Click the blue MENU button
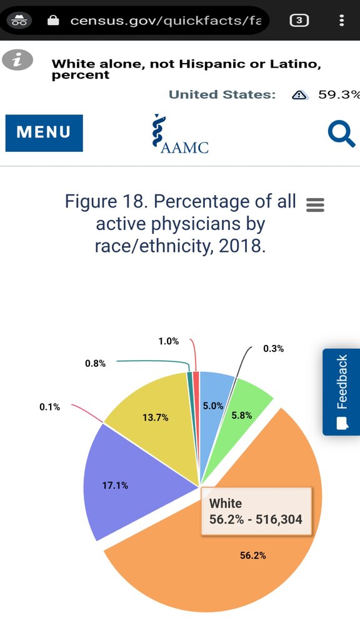(44, 133)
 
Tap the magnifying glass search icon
(341, 135)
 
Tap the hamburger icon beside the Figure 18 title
(315, 205)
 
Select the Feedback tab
(341, 392)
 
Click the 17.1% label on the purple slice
(115, 486)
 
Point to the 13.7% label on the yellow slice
(155, 417)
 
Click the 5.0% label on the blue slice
(213, 406)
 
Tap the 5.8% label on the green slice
(242, 416)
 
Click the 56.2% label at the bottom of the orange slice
(253, 556)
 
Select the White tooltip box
(256, 511)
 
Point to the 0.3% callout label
(274, 349)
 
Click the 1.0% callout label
(169, 342)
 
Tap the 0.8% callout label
(95, 364)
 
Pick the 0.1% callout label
(49, 407)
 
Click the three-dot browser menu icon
(342, 20)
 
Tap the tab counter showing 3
(299, 20)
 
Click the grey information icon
(17, 60)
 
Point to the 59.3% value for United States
(339, 95)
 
